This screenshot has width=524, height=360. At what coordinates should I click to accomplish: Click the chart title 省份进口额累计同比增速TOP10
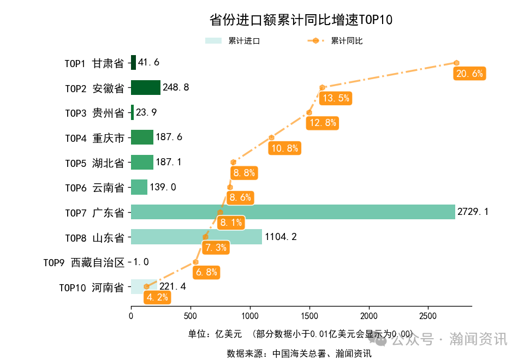point(301,20)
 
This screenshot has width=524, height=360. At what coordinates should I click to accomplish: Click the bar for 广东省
point(293,212)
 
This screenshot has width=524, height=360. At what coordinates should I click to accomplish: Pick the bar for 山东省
point(196,237)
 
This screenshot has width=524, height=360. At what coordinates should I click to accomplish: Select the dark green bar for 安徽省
point(145,88)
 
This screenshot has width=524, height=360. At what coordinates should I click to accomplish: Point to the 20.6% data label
point(469,74)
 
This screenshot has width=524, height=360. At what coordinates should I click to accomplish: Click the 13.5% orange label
point(335,98)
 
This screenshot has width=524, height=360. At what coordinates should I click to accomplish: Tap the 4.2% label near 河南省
point(157,298)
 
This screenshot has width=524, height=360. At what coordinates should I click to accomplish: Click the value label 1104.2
point(281,237)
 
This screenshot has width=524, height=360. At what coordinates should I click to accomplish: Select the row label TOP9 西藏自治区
point(84,263)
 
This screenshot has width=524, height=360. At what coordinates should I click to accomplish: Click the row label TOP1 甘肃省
point(94,63)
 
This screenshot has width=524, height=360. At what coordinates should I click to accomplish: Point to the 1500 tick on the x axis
point(309,316)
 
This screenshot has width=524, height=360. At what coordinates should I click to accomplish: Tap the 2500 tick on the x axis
point(428,316)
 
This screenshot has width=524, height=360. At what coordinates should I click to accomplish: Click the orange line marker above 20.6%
point(456,63)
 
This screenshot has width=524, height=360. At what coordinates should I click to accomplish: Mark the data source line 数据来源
point(299,353)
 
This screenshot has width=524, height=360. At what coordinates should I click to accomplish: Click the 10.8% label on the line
point(284,148)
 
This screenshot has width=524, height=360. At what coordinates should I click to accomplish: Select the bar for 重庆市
point(142,137)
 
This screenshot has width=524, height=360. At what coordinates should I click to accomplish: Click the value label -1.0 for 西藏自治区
point(139,262)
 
